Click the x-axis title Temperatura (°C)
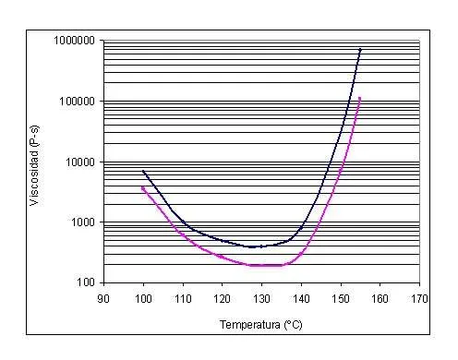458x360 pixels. coord(260,325)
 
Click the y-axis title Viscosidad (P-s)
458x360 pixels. coord(34,165)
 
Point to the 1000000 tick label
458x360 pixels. coord(74,41)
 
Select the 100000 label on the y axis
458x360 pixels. coord(77,101)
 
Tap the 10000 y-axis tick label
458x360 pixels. coord(80,162)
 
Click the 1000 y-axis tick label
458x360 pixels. coord(83,222)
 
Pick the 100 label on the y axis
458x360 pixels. coord(86,282)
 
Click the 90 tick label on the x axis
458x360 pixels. coord(103,298)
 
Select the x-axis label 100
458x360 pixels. coord(143,298)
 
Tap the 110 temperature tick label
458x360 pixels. coord(183,298)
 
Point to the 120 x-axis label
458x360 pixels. coord(223,298)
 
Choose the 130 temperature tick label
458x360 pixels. coord(261,298)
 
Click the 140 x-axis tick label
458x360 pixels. coord(301,298)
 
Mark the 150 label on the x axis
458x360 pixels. coord(341,298)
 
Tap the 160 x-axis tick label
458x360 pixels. coord(380,298)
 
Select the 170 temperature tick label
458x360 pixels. coord(419,298)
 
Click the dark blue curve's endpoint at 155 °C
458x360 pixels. coord(360,50)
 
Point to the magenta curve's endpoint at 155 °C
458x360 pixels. coord(359,99)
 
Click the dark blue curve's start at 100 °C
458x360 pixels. coord(143,171)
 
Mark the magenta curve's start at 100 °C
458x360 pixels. coord(143,187)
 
